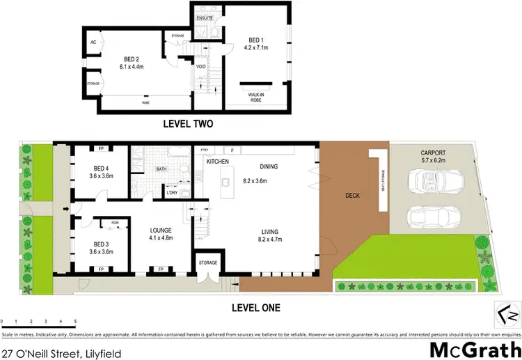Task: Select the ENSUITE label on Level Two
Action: click(205, 17)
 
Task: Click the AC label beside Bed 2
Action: click(93, 41)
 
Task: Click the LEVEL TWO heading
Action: click(187, 125)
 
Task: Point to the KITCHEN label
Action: click(217, 161)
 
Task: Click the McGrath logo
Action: click(475, 348)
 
